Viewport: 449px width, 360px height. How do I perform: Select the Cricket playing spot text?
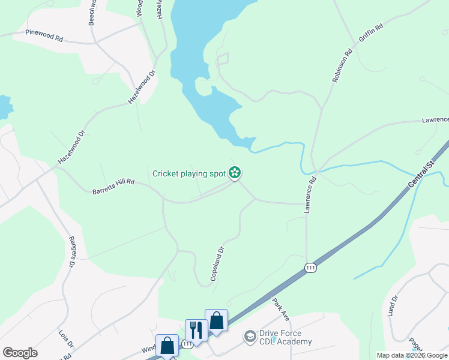coord(189,174)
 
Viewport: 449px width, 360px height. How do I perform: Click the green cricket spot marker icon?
coord(235,174)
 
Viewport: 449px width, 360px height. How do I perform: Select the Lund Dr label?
coord(393,306)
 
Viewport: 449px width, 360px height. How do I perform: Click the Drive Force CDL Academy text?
coord(285,338)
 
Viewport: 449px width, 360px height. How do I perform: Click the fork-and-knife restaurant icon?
coord(196,330)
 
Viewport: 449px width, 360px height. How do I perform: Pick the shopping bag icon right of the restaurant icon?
coord(216,320)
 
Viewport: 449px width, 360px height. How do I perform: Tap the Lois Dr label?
coord(65,339)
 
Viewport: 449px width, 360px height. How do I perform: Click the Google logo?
coord(20,353)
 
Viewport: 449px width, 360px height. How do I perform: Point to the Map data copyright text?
coord(412,355)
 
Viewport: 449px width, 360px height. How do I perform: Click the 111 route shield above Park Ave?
coord(310,268)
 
